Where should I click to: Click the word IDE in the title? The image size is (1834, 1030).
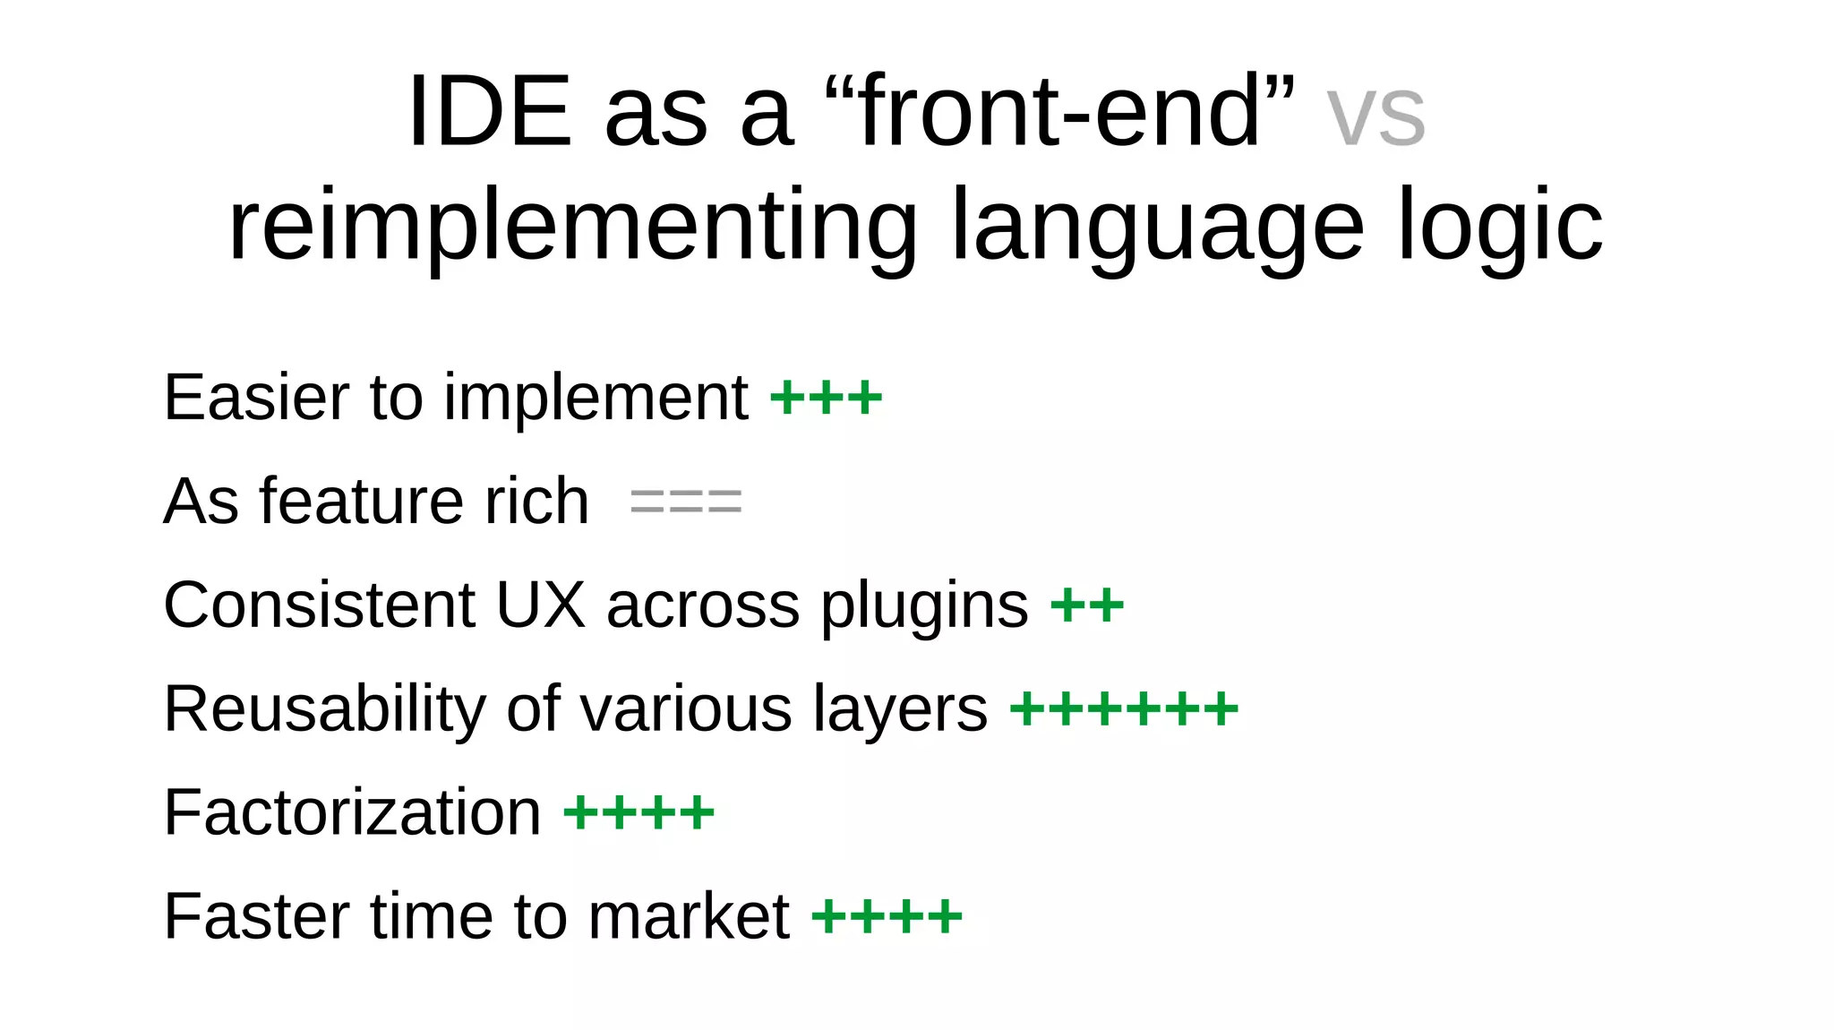coord(489,111)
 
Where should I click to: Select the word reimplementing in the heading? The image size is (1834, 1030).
coord(573,226)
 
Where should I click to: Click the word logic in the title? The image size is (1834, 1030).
coord(1500,226)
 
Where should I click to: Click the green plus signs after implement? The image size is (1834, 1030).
coord(826,398)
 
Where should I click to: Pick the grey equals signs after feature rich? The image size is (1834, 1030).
coord(686,502)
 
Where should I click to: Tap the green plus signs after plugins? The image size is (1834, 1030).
coord(1086,605)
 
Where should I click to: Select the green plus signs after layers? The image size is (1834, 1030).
coord(1124,709)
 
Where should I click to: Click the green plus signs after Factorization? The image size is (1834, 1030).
coord(638,813)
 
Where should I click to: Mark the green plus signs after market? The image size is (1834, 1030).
coord(887,917)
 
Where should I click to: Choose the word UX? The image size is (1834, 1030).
coord(539,605)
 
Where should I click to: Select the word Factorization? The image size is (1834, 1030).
coord(352,812)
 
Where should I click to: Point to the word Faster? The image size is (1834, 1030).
coord(256,916)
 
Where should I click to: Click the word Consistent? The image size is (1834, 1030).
coord(319,605)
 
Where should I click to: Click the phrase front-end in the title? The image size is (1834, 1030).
coord(1060,111)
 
